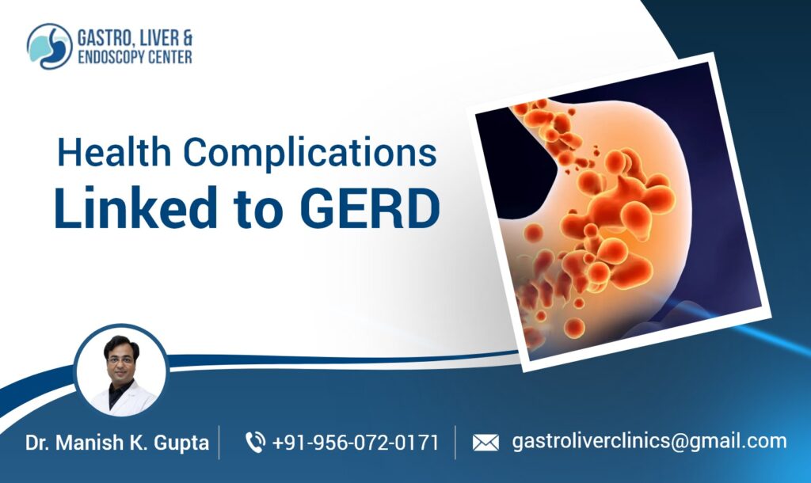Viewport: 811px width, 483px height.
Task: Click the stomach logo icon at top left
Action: tap(49, 46)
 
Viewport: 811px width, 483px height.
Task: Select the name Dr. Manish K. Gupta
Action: tap(116, 443)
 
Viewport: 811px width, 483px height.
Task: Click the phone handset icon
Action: tap(254, 442)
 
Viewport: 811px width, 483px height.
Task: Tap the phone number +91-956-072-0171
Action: tap(355, 443)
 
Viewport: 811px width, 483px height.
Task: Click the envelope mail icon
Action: tap(485, 443)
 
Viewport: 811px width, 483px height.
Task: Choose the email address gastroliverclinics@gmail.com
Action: tap(649, 441)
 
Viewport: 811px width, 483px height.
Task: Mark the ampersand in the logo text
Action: tap(185, 38)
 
